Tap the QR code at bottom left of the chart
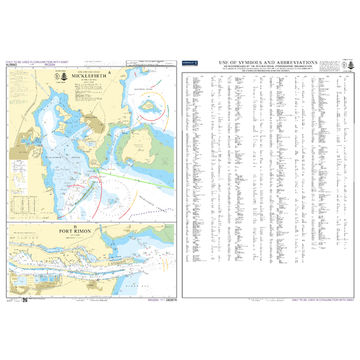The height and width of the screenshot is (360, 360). click(24, 300)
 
